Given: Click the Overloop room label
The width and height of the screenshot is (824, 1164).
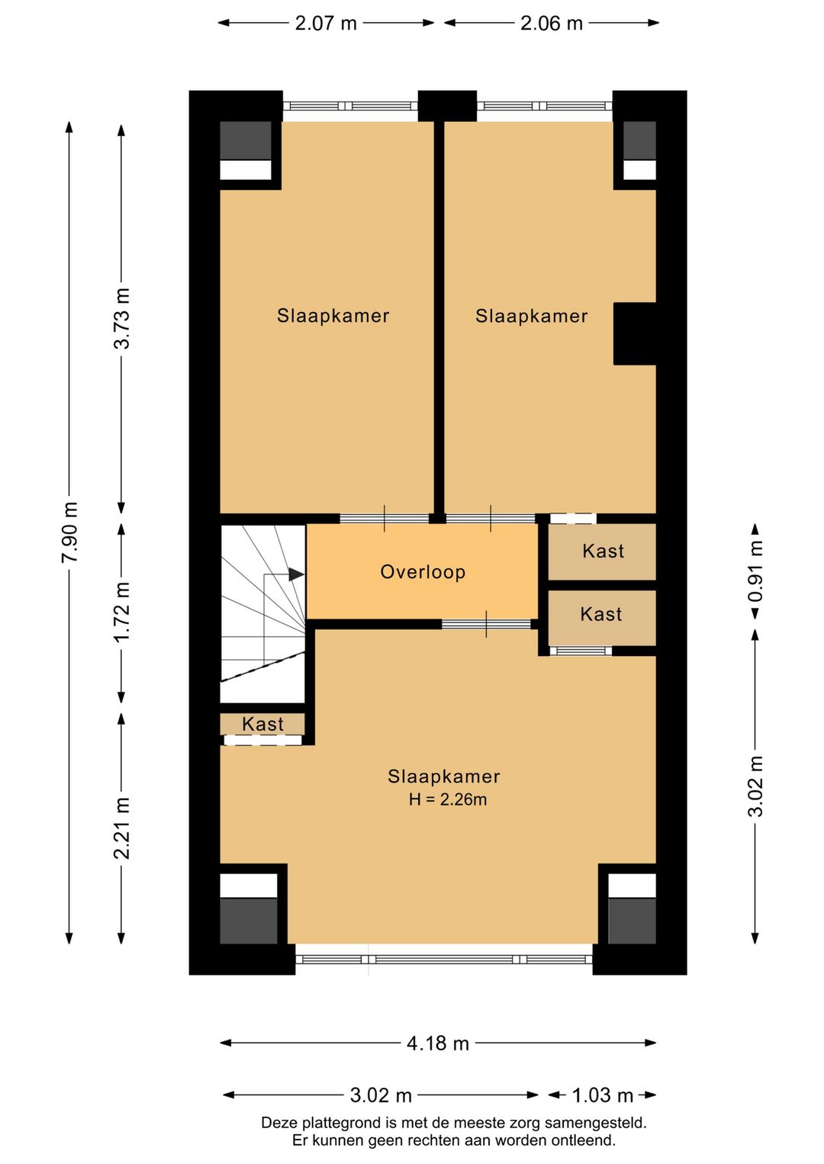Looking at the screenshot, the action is point(423,571).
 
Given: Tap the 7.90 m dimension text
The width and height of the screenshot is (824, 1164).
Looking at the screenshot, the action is point(69,532).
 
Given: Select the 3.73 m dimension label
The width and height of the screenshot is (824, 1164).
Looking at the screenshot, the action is point(121,318).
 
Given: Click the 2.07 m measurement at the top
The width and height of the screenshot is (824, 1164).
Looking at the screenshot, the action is point(326,24).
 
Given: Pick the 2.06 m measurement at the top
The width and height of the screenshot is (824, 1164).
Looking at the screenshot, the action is point(552,24).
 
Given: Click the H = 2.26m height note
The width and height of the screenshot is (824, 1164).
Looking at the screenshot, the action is point(448,799).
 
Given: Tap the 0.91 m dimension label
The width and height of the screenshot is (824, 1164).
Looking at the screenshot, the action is point(755,571).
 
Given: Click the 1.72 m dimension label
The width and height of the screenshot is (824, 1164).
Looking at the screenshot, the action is point(121,613).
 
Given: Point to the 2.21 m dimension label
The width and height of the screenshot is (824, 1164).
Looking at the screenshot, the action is point(121,828).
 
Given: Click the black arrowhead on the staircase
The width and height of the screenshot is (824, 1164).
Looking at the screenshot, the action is point(296,574).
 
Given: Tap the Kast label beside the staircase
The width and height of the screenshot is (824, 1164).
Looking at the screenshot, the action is point(262,724).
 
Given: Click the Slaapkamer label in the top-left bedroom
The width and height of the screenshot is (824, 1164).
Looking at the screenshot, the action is point(333,316).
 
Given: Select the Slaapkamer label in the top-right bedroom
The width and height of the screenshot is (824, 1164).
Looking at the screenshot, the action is point(532,316).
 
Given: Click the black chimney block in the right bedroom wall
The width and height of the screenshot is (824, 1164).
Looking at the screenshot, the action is point(635,333).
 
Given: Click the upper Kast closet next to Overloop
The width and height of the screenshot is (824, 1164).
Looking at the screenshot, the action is point(603,551).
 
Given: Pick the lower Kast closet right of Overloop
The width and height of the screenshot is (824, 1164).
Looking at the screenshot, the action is point(603,617).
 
